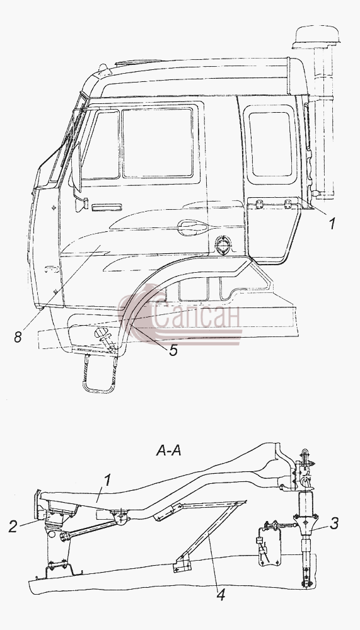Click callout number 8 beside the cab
18,336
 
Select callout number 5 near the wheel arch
173,350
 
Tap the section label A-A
168,451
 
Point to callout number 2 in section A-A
13,526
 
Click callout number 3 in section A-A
334,523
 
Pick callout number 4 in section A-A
221,594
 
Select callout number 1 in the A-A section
107,481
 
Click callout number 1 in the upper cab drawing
332,224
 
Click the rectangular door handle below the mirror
107,207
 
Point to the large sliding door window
158,142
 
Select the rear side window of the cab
270,144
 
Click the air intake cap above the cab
316,37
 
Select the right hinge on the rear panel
287,203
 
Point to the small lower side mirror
82,204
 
